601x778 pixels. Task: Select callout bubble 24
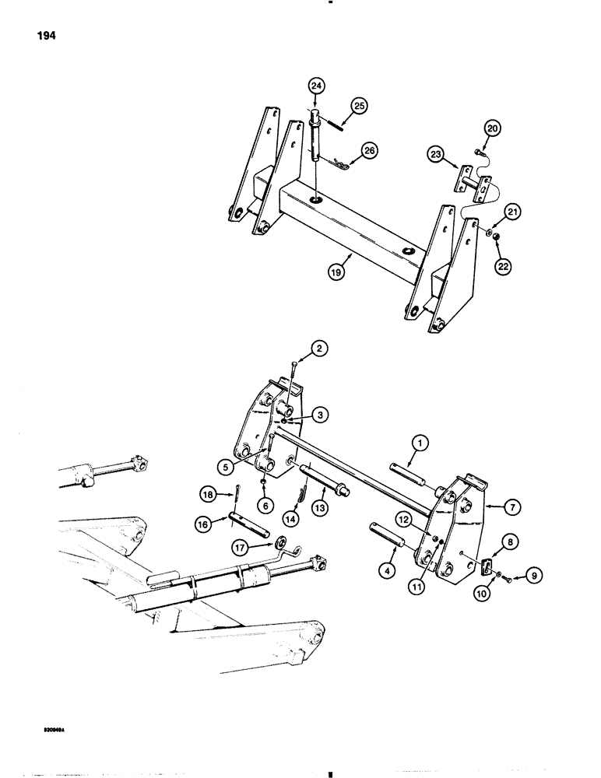315,86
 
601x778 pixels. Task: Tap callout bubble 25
359,105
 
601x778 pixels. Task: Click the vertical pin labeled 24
316,140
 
